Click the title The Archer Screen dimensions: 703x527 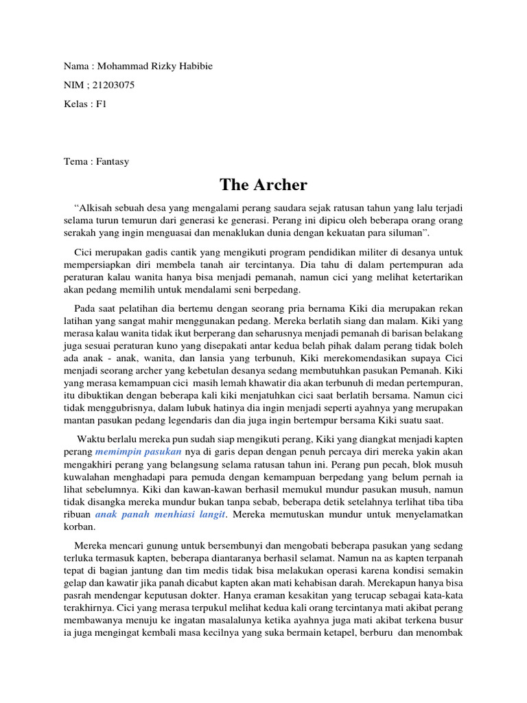click(263, 185)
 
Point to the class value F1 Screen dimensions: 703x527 click(102, 104)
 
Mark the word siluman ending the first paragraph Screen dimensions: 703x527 click(407, 234)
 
